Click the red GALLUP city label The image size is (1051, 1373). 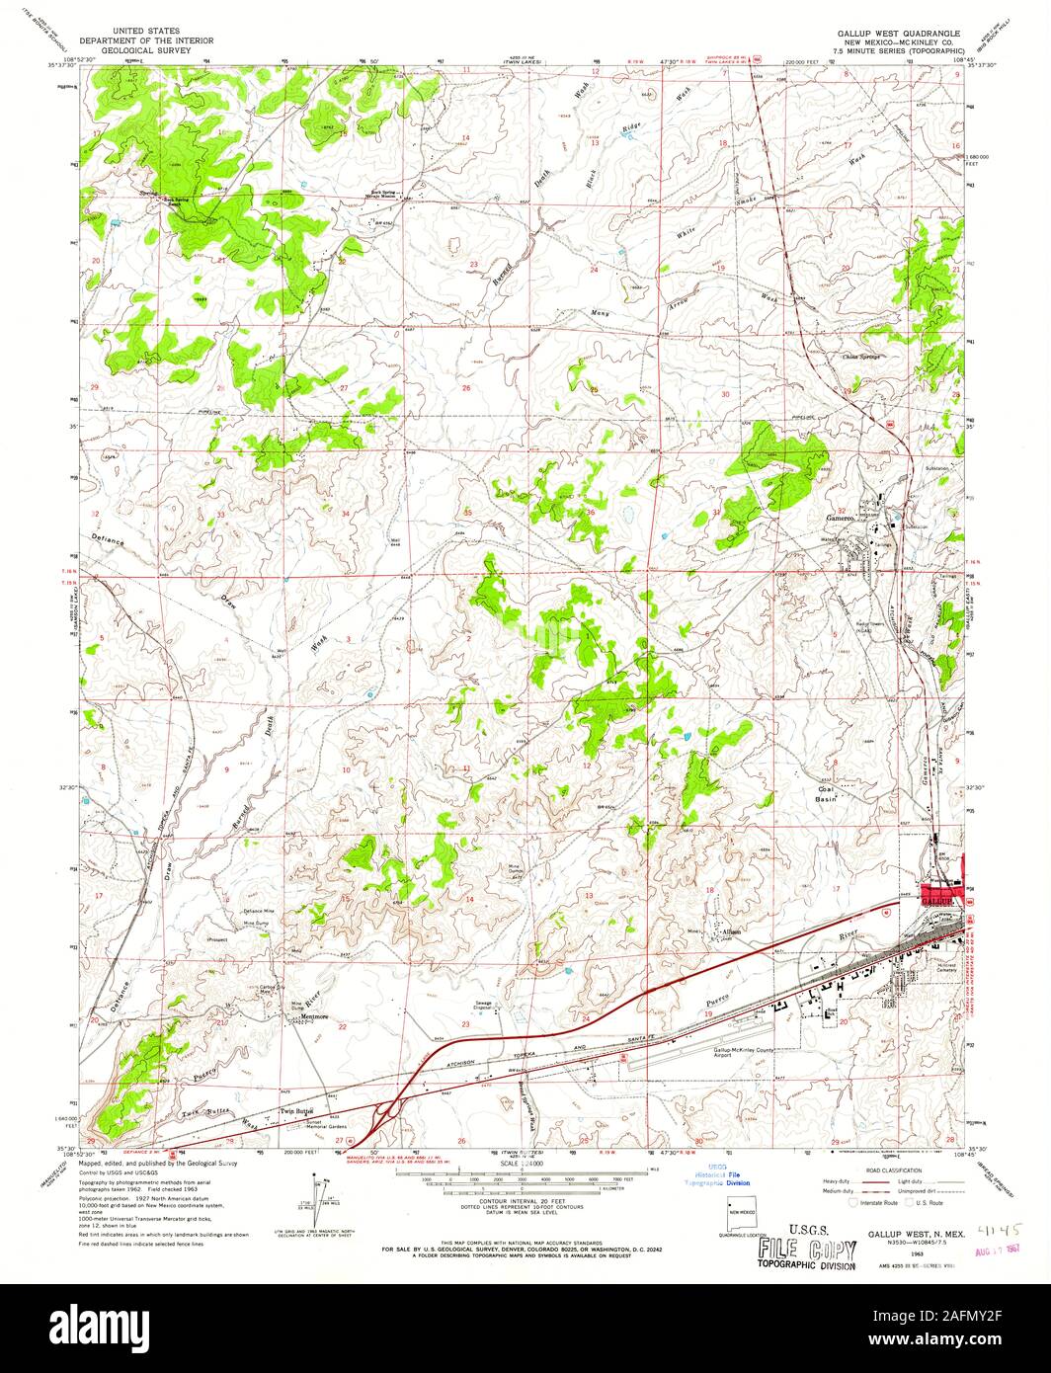pyautogui.click(x=935, y=901)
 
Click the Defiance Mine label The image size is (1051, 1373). pyautogui.click(x=259, y=911)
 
